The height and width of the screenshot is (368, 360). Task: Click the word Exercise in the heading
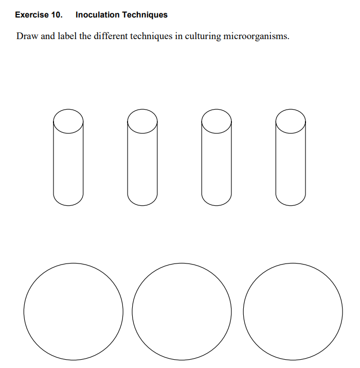coord(32,15)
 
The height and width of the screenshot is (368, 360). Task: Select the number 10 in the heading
coord(57,15)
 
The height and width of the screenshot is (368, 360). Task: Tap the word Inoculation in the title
coord(97,15)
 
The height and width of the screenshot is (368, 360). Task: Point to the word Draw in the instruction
coord(27,37)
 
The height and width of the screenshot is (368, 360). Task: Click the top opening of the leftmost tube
coord(68,121)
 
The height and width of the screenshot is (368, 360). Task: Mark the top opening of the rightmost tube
coord(291,121)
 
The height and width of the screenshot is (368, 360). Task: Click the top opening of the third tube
coord(217,121)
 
